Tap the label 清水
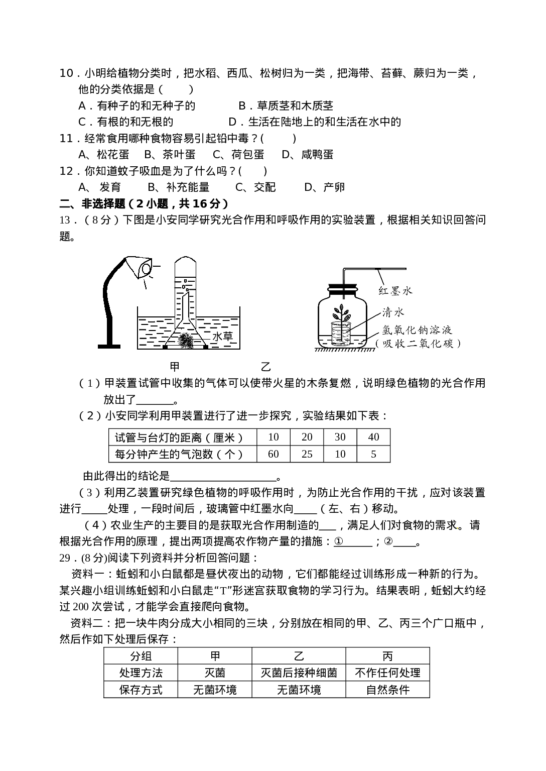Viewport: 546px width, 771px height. (x=393, y=313)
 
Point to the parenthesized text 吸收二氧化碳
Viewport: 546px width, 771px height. (x=418, y=345)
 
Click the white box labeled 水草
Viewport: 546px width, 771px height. (x=223, y=336)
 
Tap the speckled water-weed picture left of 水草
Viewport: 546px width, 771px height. (x=186, y=341)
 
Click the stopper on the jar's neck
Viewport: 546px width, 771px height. (x=342, y=289)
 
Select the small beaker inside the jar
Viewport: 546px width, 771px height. (x=339, y=335)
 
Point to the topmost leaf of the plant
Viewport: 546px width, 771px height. (x=342, y=307)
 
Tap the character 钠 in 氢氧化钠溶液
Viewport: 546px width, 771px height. (x=418, y=330)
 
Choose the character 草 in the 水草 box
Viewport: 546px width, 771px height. (x=229, y=336)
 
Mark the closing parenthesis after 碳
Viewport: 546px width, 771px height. (x=457, y=345)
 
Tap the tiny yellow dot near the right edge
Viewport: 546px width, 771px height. (x=458, y=528)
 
